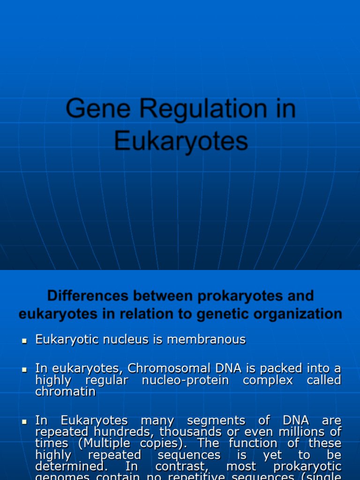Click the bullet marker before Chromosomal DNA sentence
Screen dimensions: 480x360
point(25,370)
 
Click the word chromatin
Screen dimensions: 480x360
point(65,391)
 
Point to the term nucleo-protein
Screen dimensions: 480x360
point(185,380)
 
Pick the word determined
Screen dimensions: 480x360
point(64,466)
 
